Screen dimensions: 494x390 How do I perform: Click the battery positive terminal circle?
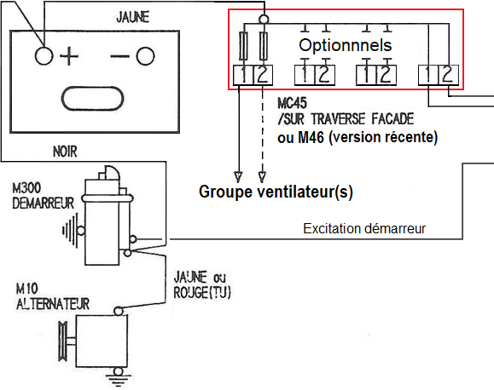tap(44, 56)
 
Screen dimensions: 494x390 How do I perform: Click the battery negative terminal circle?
tap(145, 56)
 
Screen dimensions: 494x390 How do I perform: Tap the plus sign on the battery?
tap(69, 56)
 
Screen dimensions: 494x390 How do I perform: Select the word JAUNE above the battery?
tap(132, 17)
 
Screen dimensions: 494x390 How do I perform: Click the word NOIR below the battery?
tap(65, 152)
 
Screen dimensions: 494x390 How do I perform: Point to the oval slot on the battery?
tap(92, 99)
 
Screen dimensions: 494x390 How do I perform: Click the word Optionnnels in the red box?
tap(346, 45)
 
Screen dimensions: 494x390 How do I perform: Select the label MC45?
tap(292, 103)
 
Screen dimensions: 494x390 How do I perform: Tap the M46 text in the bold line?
tap(311, 137)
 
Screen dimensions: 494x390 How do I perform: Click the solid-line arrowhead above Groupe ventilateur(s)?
tap(238, 177)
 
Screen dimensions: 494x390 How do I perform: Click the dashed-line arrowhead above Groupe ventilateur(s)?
tap(262, 177)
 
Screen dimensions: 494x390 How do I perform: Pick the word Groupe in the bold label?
tap(225, 192)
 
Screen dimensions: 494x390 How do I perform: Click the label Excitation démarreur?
tap(364, 229)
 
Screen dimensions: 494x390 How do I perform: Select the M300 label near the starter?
tap(26, 188)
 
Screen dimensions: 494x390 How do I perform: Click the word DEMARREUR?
tap(44, 204)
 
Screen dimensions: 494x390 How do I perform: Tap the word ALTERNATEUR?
tap(53, 304)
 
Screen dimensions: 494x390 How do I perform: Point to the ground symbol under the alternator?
tap(118, 380)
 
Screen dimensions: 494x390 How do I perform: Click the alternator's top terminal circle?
tap(118, 312)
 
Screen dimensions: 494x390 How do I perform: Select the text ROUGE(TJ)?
tap(202, 293)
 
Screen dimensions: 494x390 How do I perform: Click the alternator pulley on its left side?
tap(63, 341)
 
